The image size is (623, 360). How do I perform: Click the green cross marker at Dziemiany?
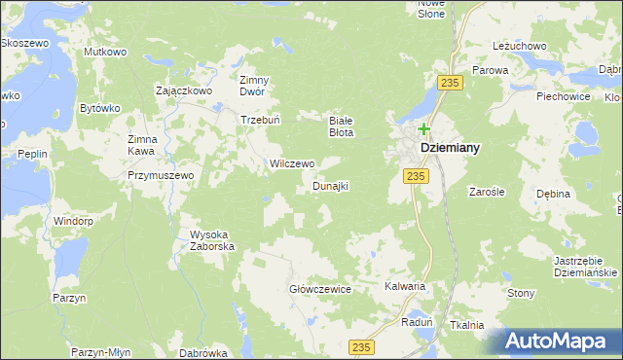tap(424, 128)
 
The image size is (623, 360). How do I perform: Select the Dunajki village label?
tap(330, 185)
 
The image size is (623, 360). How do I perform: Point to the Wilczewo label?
tap(291, 163)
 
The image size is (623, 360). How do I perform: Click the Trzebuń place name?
tap(261, 121)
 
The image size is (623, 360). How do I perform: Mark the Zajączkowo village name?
tap(184, 90)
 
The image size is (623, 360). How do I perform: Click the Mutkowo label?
tap(106, 52)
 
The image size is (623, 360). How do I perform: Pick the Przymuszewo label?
tap(161, 175)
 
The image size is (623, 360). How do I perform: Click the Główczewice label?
tap(319, 289)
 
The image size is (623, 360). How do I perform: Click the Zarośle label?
tap(487, 193)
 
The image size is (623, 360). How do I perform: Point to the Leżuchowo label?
tap(519, 46)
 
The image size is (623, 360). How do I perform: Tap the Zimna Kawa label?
tap(135, 145)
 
